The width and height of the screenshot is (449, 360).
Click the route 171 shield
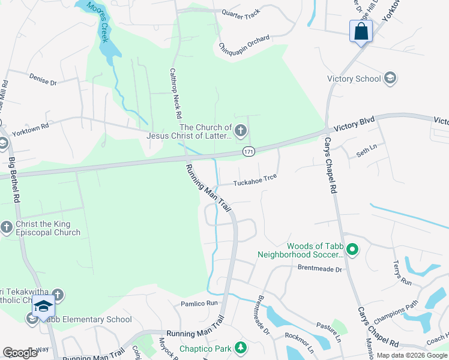(248, 152)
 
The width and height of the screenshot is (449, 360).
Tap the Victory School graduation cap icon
(390, 79)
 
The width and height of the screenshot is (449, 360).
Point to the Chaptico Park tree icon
(241, 347)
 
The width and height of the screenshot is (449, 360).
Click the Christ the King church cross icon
(7, 227)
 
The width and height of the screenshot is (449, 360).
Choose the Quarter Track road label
(241, 13)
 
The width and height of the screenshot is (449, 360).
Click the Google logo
(20, 352)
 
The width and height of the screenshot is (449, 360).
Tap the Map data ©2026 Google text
(411, 355)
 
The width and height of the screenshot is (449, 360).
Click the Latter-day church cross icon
(241, 130)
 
